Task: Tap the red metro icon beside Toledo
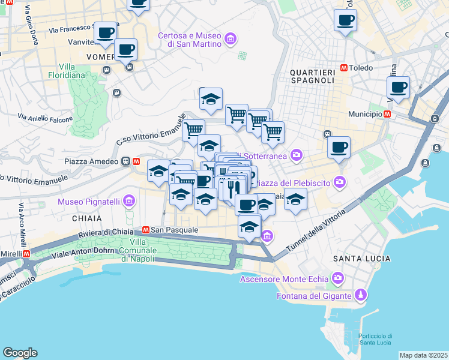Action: coord(344,68)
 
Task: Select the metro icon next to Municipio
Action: coord(388,114)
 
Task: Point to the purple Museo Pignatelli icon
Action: coord(129,202)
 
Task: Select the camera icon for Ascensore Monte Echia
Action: coord(337,278)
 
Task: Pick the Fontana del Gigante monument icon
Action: coord(360,296)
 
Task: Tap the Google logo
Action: coord(20,353)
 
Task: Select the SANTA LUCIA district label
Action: coord(361,259)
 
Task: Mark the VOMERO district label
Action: coord(101,56)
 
